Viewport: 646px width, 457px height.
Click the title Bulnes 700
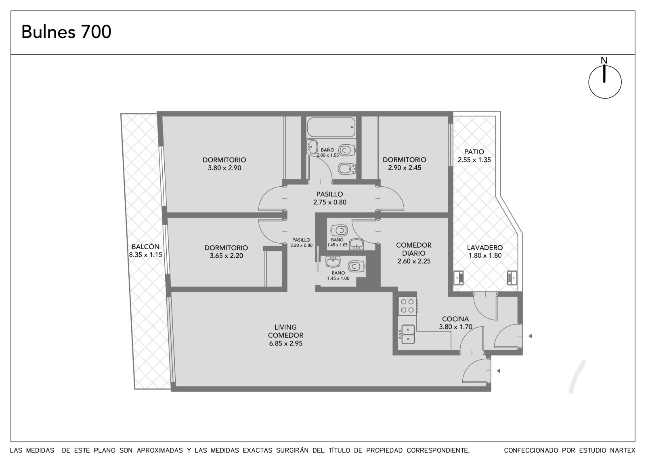(x=66, y=32)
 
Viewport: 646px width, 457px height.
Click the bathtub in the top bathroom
(x=331, y=127)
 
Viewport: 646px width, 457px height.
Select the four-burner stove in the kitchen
(x=408, y=306)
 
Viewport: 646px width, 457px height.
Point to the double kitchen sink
(x=408, y=334)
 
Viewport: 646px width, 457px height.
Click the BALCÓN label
(x=146, y=247)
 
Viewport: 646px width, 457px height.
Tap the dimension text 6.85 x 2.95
(x=286, y=343)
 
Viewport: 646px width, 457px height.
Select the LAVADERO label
(x=485, y=248)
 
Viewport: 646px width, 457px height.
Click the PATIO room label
(x=474, y=152)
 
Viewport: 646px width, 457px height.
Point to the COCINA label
(x=455, y=319)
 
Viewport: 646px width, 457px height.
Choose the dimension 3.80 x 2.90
(x=224, y=168)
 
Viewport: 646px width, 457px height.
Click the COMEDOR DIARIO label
(x=414, y=249)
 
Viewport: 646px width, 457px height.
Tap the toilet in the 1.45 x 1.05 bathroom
(x=340, y=230)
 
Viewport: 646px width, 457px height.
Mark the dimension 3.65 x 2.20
(x=227, y=256)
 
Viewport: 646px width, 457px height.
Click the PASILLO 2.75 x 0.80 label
(x=329, y=198)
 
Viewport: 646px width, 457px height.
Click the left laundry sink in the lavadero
(x=459, y=278)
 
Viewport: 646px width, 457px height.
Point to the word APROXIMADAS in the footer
(x=160, y=451)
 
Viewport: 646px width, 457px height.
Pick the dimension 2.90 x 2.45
(x=405, y=168)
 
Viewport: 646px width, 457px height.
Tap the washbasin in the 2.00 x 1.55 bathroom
(x=312, y=147)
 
